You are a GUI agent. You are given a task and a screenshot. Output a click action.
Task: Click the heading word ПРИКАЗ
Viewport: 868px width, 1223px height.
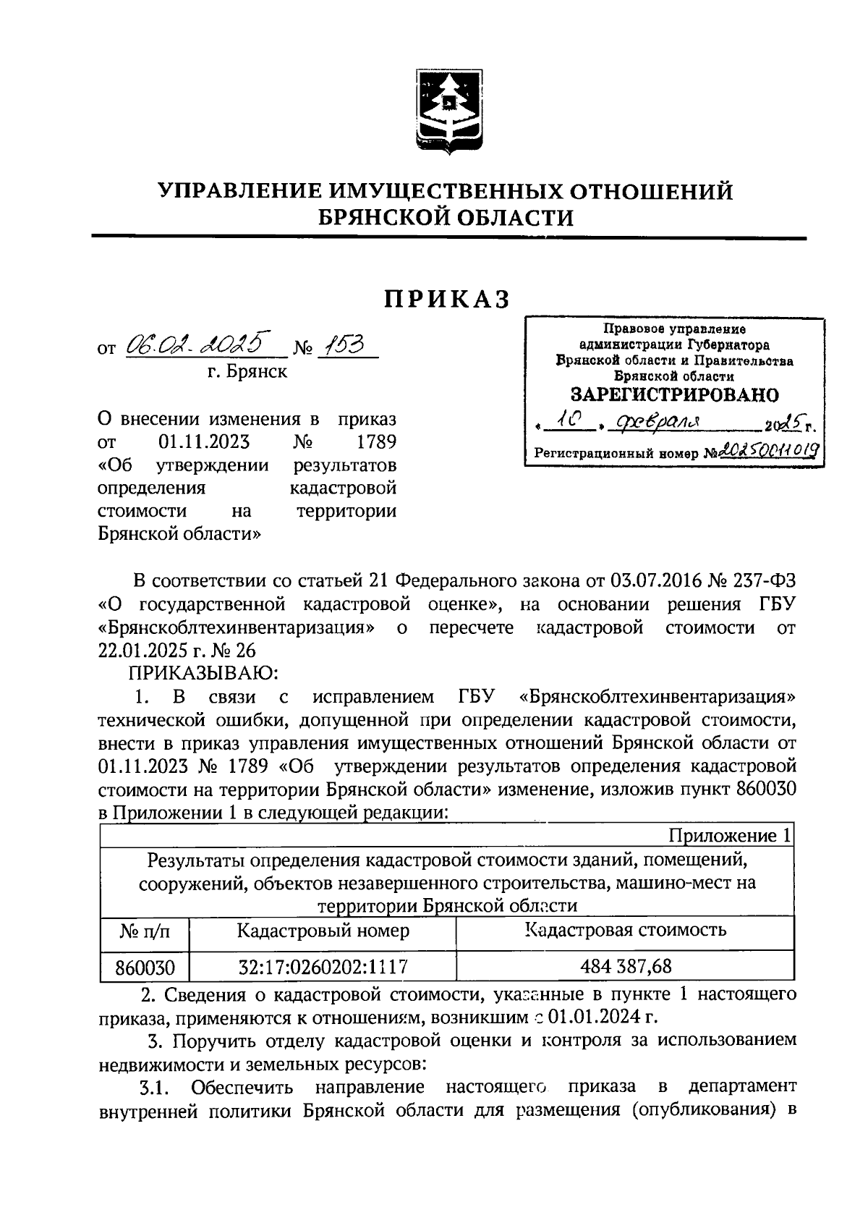point(447,300)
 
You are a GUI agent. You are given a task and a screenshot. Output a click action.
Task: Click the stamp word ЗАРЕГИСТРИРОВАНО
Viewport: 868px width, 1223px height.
point(674,395)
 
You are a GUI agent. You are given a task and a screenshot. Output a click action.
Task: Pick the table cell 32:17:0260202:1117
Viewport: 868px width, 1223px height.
point(323,966)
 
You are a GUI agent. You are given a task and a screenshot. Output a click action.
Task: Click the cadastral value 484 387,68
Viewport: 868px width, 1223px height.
point(626,966)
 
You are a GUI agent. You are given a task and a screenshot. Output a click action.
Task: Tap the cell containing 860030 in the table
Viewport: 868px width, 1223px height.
point(145,967)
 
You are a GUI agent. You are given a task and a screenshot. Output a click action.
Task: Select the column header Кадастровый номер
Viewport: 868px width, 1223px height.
point(323,931)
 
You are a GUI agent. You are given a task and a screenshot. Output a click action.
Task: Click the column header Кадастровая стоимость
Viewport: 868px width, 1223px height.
point(626,930)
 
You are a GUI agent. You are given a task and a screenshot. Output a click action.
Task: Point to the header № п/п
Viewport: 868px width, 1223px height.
point(144,931)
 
